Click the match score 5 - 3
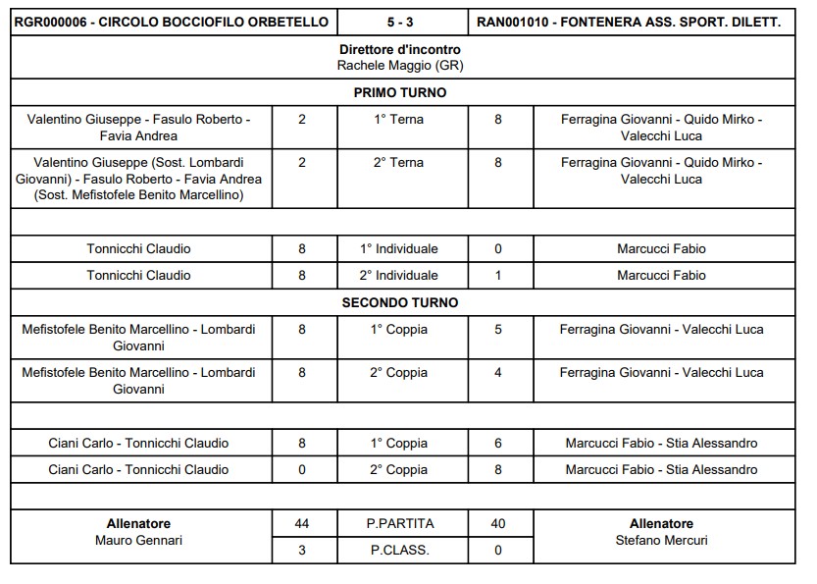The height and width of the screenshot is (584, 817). point(400,22)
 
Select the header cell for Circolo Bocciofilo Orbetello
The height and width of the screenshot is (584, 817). point(170,22)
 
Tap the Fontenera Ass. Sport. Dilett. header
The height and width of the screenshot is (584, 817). point(629,22)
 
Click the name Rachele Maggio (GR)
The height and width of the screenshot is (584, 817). point(399,66)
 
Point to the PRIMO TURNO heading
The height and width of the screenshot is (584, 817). point(399,93)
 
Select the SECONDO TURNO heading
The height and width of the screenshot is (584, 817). point(399,303)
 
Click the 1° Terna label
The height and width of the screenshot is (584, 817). point(399,119)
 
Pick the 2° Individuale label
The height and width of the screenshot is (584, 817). point(399,276)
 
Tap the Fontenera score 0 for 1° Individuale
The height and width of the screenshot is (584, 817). point(498,249)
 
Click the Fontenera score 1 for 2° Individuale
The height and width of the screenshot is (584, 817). point(498,276)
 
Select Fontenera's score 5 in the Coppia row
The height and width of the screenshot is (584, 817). point(498,330)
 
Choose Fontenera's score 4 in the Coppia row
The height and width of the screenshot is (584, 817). point(498,373)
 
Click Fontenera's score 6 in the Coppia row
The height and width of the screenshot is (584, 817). point(498,444)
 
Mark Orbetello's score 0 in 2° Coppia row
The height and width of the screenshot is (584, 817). point(302,470)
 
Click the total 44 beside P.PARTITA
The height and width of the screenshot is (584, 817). point(302,524)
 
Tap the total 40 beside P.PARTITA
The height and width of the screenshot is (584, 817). point(498,524)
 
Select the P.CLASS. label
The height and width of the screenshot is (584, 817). point(399,551)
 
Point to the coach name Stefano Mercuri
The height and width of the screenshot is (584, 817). point(661,541)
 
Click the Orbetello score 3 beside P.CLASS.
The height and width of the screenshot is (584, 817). point(302,551)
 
